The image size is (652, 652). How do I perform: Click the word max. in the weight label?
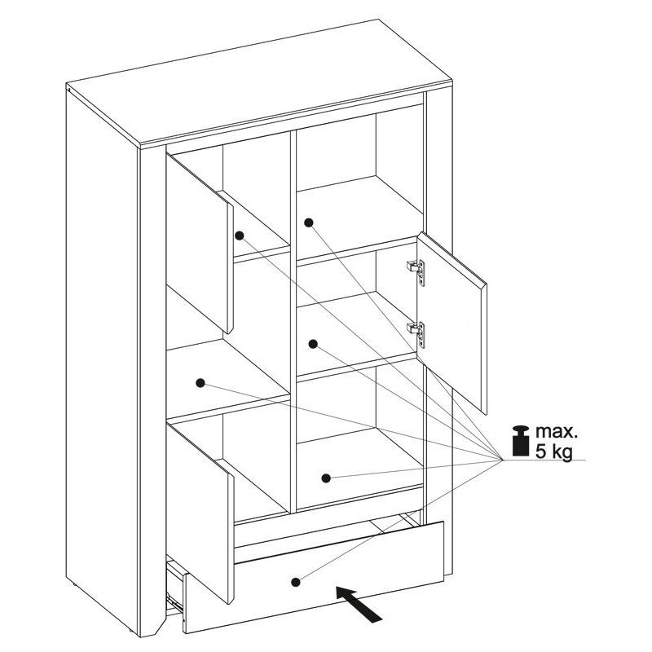[557, 432]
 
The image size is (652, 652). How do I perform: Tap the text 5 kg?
[553, 451]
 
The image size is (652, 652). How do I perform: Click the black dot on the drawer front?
[296, 582]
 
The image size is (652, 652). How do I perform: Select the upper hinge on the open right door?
[416, 272]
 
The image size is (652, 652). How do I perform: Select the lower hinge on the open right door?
[416, 334]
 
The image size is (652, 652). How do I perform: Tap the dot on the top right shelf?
[309, 222]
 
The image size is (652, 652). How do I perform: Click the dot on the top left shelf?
[239, 236]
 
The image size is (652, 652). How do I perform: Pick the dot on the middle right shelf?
[313, 344]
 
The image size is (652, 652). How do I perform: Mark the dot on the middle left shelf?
[200, 383]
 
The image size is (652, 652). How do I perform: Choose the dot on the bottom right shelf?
[326, 478]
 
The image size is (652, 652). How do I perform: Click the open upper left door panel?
[200, 244]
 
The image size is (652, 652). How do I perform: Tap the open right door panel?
[452, 323]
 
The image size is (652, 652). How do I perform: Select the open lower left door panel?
[200, 513]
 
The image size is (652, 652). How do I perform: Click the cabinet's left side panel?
[103, 358]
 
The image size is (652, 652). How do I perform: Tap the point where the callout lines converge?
[502, 460]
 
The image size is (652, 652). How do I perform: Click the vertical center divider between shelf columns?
[293, 320]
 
